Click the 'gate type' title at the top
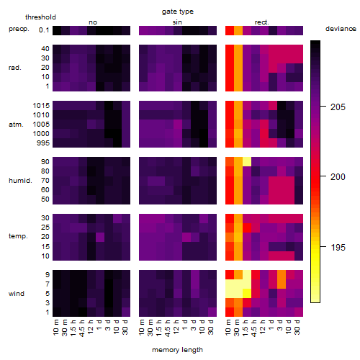(x=178, y=12)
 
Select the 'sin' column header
(x=177, y=22)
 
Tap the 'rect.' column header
(x=261, y=22)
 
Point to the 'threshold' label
(x=40, y=17)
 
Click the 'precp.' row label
(x=19, y=29)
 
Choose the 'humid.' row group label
(x=20, y=181)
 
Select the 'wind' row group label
(x=17, y=294)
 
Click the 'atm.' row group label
(x=16, y=125)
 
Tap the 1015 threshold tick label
(x=41, y=106)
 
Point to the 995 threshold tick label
(x=43, y=143)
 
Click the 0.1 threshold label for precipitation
(x=44, y=30)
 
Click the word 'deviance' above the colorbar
(x=341, y=29)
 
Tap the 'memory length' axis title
(x=178, y=350)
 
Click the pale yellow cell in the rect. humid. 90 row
(x=247, y=162)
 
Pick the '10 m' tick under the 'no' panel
(x=56, y=328)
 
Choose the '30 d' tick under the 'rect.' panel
(x=297, y=328)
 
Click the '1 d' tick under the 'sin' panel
(x=185, y=325)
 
